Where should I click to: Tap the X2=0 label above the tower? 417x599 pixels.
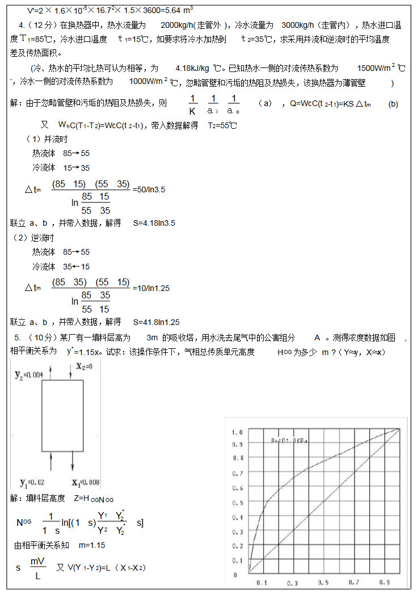tap(84, 366)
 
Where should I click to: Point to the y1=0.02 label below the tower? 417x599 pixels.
tap(32, 483)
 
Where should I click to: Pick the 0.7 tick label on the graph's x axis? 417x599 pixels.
tap(353, 583)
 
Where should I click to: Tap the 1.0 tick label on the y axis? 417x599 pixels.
tap(237, 432)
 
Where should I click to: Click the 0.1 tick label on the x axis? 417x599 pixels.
tap(262, 583)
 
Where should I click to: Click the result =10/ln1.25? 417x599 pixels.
tap(151, 288)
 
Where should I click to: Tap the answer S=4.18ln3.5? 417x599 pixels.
tap(154, 223)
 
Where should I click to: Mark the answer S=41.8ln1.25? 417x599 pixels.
tap(156, 322)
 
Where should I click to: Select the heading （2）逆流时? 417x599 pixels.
tap(34, 238)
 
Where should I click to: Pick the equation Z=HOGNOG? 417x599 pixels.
tap(94, 499)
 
